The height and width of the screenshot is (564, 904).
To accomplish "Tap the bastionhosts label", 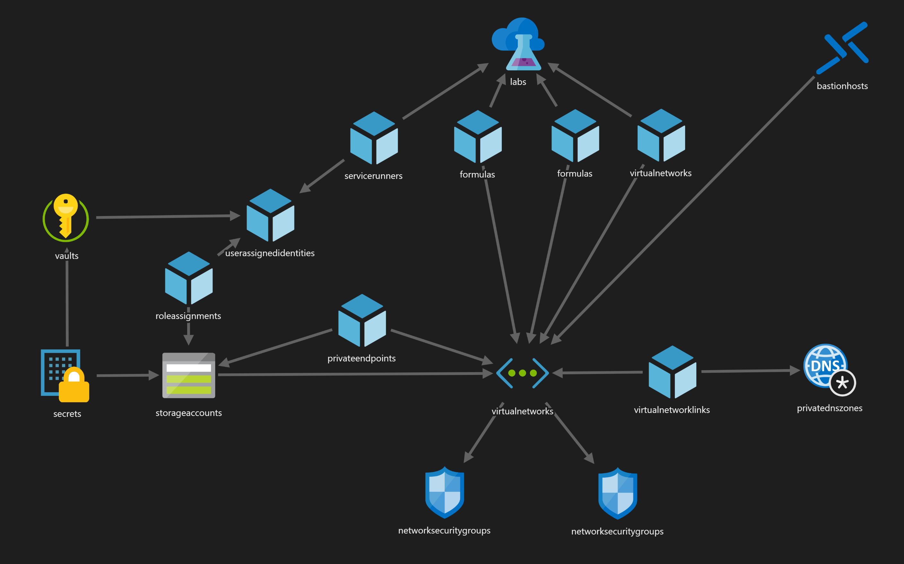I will pos(842,86).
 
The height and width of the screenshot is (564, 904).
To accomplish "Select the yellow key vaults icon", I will pos(65,217).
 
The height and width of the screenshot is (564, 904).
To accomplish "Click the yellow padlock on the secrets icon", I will pos(74,386).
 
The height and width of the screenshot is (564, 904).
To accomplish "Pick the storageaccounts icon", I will pos(189,375).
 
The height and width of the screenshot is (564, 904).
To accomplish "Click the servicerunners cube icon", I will pos(374,138).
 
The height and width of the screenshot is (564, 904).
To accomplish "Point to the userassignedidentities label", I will pos(270,253).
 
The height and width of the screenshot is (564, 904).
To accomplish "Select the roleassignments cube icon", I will pos(189,278).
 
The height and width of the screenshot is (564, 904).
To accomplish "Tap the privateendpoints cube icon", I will pos(362,320).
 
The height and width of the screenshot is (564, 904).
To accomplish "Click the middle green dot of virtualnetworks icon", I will pos(523,373).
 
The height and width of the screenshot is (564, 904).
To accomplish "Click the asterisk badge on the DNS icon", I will pos(842,383).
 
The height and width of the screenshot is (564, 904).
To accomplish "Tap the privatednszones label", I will pos(830,408).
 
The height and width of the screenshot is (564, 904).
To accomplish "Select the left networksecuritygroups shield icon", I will pos(445,492).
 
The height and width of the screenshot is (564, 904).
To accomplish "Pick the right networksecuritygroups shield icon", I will pos(618,493).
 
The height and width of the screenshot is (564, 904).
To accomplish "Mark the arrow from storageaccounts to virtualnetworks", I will pos(354,374).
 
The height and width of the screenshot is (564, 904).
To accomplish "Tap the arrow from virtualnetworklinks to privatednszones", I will pos(750,371).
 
